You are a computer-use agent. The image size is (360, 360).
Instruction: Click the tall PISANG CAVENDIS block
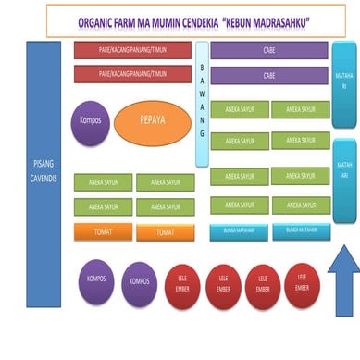point(43,170)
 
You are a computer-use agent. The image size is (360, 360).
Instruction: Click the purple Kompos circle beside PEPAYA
point(91,121)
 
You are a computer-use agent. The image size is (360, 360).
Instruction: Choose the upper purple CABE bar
point(269,51)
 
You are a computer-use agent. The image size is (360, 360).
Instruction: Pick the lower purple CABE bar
point(269,75)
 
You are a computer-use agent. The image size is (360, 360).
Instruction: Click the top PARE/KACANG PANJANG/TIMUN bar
point(132,50)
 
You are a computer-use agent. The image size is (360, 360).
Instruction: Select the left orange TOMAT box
point(103,231)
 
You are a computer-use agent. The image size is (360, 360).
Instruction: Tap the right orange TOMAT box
point(166,232)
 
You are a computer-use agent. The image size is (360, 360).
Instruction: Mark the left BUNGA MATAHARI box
point(238,230)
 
